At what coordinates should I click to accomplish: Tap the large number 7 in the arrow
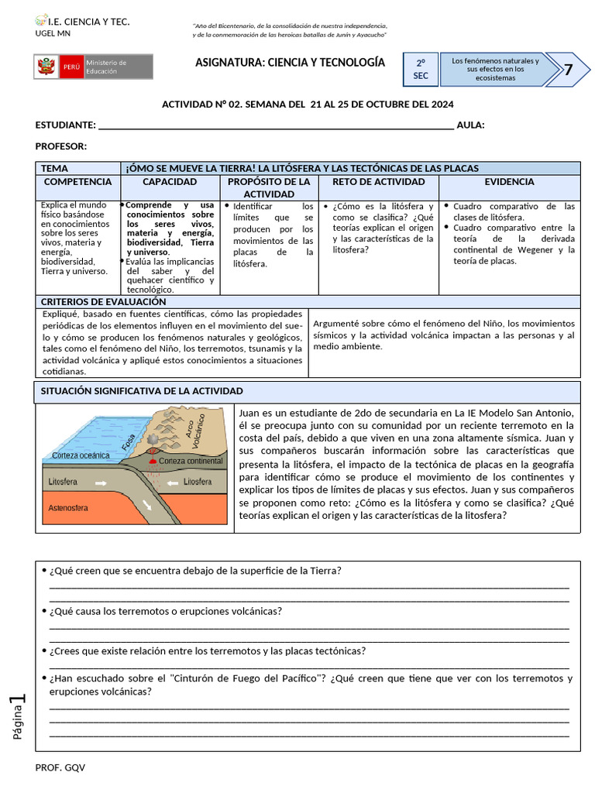(568, 70)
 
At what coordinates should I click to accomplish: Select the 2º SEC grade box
(421, 70)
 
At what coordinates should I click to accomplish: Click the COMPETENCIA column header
(77, 182)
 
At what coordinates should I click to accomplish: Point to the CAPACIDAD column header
(170, 182)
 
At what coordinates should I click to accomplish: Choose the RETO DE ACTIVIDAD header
(378, 182)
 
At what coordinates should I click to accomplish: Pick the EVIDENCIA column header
(509, 182)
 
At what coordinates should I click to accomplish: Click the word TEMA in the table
(54, 168)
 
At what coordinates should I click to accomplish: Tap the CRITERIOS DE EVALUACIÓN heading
(103, 301)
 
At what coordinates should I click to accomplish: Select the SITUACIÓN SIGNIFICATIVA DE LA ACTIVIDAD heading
(142, 391)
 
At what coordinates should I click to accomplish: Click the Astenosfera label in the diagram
(69, 509)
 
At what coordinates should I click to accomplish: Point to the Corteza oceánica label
(81, 455)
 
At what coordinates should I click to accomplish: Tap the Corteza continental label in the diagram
(190, 461)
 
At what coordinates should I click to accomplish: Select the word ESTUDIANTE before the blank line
(66, 125)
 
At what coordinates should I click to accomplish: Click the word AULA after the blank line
(470, 125)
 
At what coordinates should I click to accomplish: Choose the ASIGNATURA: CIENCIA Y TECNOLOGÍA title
(290, 62)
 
